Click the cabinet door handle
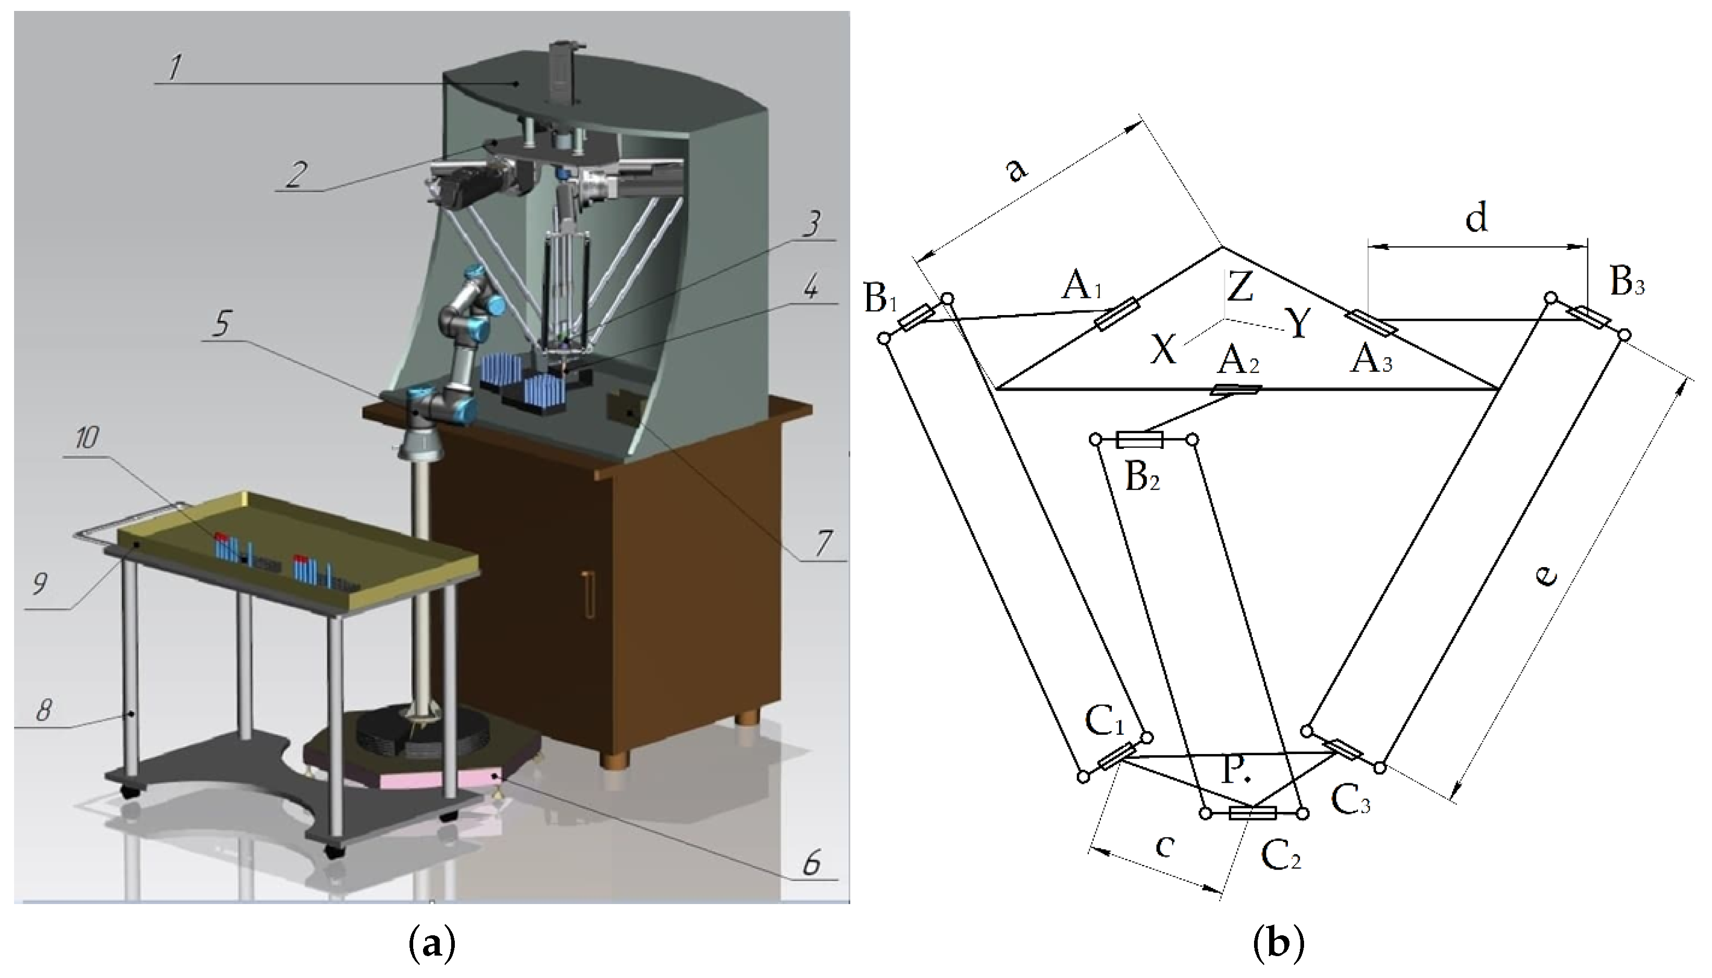[589, 593]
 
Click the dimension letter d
[1476, 217]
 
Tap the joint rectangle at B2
[1139, 440]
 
